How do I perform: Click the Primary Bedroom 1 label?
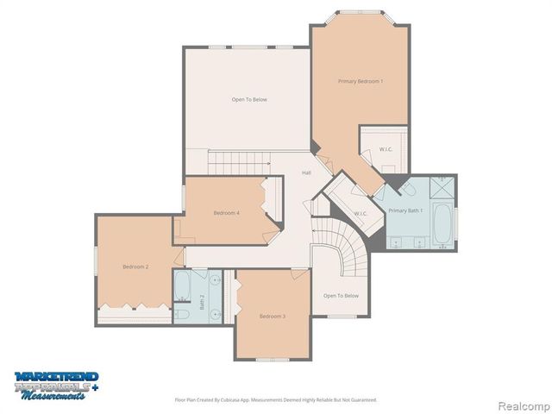(x=361, y=81)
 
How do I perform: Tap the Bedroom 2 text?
(x=135, y=267)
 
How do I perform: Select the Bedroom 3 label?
(x=272, y=317)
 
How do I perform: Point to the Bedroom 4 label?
(x=227, y=213)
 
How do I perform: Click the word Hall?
(x=306, y=173)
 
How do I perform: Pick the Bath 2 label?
(x=203, y=302)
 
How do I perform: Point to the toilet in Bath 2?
(x=183, y=313)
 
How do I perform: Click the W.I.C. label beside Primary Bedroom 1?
(x=386, y=149)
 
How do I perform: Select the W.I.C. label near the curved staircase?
(x=361, y=214)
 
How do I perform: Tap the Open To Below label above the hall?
(x=249, y=100)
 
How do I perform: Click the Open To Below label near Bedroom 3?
(x=341, y=296)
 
